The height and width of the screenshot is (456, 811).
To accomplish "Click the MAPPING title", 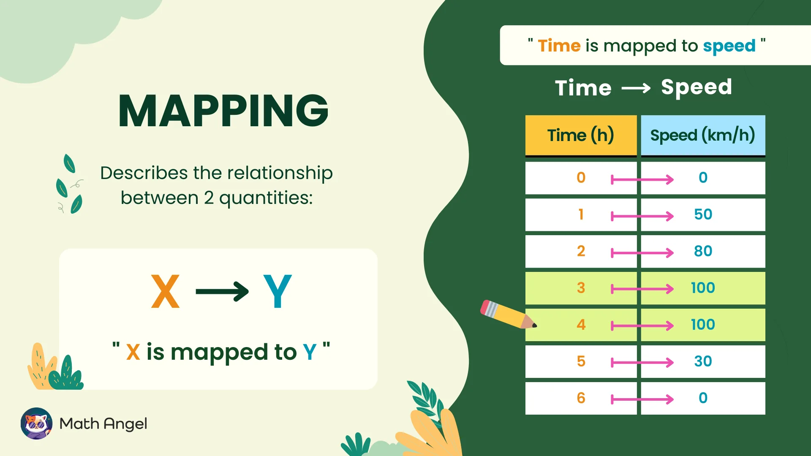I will click(223, 111).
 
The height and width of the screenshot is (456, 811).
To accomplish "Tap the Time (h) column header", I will click(580, 136).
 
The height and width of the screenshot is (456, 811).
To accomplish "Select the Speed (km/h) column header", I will click(702, 136).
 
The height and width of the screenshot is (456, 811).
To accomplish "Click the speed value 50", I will click(703, 214).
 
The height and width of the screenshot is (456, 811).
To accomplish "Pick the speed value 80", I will click(703, 251).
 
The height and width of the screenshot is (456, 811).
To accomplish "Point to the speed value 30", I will click(703, 361).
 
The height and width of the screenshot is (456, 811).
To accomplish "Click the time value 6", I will click(581, 398).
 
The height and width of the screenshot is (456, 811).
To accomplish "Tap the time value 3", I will click(581, 288).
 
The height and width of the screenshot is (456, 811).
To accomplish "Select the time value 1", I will click(581, 214).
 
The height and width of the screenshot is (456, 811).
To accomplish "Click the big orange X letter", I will click(165, 291).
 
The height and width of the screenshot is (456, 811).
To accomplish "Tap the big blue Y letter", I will click(277, 291).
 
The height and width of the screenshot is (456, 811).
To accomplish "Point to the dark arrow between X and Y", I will click(222, 291).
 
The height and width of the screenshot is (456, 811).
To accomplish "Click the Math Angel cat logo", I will click(36, 423).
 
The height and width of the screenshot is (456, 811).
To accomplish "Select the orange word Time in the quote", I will click(559, 46).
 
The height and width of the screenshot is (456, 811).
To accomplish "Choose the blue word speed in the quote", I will click(729, 46).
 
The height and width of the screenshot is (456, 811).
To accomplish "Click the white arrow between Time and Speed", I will click(636, 88).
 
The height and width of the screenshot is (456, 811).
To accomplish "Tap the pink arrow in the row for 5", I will click(642, 362).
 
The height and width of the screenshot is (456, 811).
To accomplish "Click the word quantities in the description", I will click(266, 198).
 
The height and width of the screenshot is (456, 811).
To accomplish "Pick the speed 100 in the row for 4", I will click(703, 325).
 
